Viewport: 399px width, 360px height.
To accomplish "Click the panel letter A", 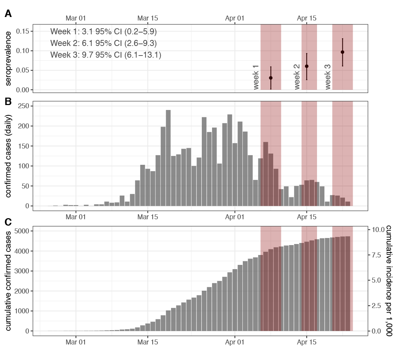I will [x=8, y=14].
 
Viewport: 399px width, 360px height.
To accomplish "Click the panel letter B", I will [x=8, y=101].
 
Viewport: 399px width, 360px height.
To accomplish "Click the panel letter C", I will [x=8, y=222].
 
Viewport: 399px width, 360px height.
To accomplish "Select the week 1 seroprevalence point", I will [x=271, y=78].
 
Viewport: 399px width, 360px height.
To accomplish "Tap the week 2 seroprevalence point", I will [x=307, y=66].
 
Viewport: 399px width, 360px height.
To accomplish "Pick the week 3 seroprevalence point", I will [x=342, y=52].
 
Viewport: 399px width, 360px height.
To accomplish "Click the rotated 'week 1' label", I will [x=256, y=77].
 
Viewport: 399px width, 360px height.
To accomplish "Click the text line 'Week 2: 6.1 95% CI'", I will [x=104, y=43].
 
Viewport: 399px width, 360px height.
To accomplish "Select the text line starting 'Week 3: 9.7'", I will [x=106, y=55].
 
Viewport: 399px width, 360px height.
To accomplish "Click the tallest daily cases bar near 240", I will [x=168, y=158].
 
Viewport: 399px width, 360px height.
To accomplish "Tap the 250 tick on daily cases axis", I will [x=25, y=106].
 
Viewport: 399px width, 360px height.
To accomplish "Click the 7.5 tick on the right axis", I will [x=376, y=255].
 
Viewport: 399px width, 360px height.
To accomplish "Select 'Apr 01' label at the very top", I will [x=235, y=18].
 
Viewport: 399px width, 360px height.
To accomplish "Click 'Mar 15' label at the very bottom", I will [x=147, y=342].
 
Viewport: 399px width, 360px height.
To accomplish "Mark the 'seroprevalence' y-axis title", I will [x=8, y=58].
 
